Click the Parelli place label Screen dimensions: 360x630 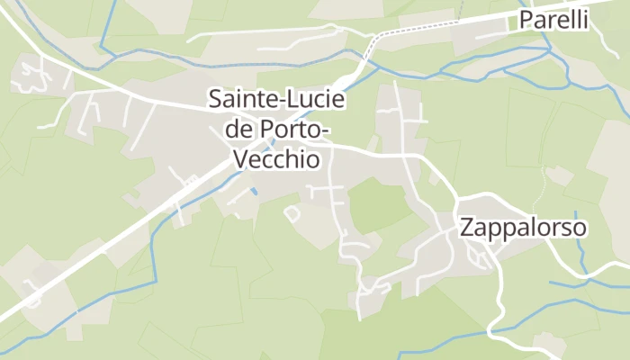(553, 20)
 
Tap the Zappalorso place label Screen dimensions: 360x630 (523, 228)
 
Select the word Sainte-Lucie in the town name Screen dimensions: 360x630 (277, 99)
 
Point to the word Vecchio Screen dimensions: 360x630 (276, 159)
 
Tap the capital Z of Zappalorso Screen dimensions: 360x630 (466, 228)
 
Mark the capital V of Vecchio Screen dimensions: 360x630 (239, 159)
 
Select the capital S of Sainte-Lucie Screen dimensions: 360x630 (215, 99)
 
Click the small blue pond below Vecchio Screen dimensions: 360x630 (255, 192)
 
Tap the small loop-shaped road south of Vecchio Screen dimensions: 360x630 (292, 213)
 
